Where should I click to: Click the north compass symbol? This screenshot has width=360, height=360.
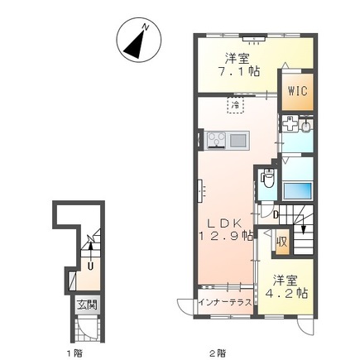pos(139,39)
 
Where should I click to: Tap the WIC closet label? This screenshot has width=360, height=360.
pos(298,90)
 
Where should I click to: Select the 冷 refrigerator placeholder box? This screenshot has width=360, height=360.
pos(236,105)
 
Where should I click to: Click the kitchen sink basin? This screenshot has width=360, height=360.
pos(238,140)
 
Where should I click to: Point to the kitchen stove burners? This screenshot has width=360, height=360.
pos(217,139)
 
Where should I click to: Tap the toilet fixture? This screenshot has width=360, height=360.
pos(268,178)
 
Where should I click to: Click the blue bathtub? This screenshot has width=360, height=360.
pos(297,191)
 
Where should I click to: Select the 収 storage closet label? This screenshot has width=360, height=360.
pos(282,242)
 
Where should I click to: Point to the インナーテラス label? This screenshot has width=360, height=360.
pos(225,301)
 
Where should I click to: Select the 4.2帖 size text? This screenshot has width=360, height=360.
pos(286,294)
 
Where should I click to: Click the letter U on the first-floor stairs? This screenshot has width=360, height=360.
pos(90,266)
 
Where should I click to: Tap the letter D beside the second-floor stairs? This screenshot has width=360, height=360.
pos(275,215)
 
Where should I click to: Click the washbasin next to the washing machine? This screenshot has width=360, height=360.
pos(305,127)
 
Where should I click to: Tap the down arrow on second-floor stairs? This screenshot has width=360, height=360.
pos(303,224)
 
